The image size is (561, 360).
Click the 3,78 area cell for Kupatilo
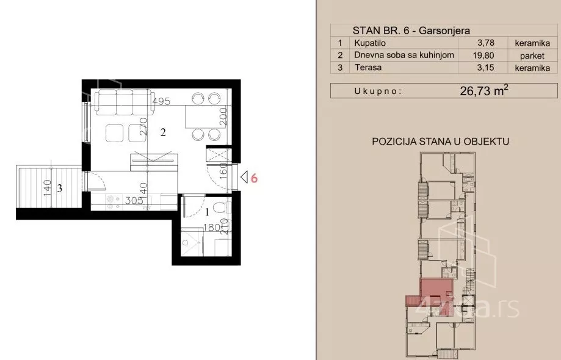(485, 43)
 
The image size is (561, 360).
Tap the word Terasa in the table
(368, 67)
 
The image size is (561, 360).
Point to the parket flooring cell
(532, 56)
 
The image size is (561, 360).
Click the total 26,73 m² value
(484, 90)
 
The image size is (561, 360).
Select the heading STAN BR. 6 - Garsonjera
(411, 31)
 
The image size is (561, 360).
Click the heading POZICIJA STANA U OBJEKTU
(440, 141)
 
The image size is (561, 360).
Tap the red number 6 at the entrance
(254, 178)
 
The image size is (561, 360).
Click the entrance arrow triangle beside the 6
(244, 177)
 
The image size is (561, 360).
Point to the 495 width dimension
(161, 101)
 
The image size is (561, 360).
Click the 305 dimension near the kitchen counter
(134, 201)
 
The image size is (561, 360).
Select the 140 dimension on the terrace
(47, 188)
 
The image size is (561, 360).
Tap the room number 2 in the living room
(163, 132)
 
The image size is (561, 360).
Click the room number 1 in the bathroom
(207, 212)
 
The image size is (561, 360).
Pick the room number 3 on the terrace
(59, 188)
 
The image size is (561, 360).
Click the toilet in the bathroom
(220, 207)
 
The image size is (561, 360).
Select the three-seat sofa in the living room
(124, 102)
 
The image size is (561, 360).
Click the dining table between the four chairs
(202, 117)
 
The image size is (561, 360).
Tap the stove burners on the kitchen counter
(113, 201)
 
